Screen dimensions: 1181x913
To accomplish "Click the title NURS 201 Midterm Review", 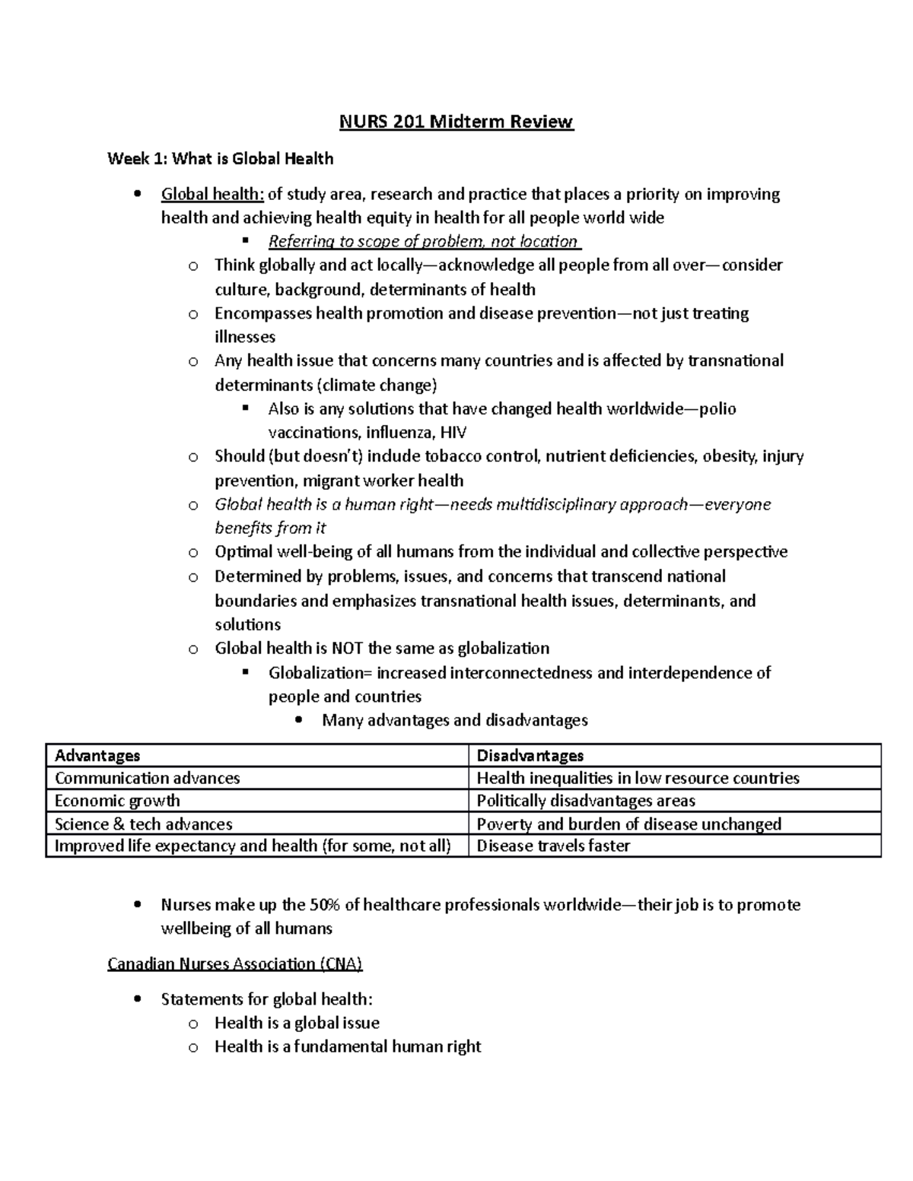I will tap(456, 122).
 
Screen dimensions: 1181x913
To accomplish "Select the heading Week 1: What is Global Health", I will tap(221, 158).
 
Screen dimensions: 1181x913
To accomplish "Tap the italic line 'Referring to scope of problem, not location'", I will tap(423, 242).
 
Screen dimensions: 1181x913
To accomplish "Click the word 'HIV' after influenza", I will tap(453, 433).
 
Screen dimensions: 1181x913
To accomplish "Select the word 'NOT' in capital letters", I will tap(348, 649).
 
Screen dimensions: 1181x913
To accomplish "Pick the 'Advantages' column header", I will tap(97, 756).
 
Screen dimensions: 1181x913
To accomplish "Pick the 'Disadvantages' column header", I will tap(530, 756).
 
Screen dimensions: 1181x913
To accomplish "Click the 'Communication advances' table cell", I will tap(148, 778).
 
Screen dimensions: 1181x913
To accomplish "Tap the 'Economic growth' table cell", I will tap(118, 801).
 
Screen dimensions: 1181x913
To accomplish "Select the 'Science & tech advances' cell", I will tap(144, 824).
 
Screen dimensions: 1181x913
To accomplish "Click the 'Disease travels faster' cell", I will tap(553, 846).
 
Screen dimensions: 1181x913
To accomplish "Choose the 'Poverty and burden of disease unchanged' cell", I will tap(628, 824).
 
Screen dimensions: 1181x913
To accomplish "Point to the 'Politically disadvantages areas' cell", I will tap(586, 801).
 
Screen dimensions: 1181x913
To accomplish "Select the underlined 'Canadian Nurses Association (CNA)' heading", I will tap(235, 964).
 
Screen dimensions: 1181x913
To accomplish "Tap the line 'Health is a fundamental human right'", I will tap(348, 1047).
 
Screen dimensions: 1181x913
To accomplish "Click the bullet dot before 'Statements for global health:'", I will tap(136, 999).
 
